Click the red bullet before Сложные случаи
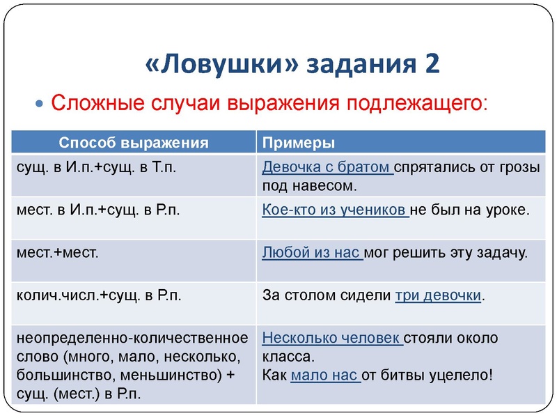pos(39,103)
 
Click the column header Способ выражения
pos(134,143)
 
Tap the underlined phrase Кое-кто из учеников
pos(335,209)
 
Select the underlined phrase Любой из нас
pos(311,252)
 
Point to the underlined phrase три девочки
pos(438,295)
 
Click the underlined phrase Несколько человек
pos(331,339)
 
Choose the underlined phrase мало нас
pos(324,376)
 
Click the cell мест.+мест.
pos(57,252)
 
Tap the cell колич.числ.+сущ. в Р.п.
pos(98,295)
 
